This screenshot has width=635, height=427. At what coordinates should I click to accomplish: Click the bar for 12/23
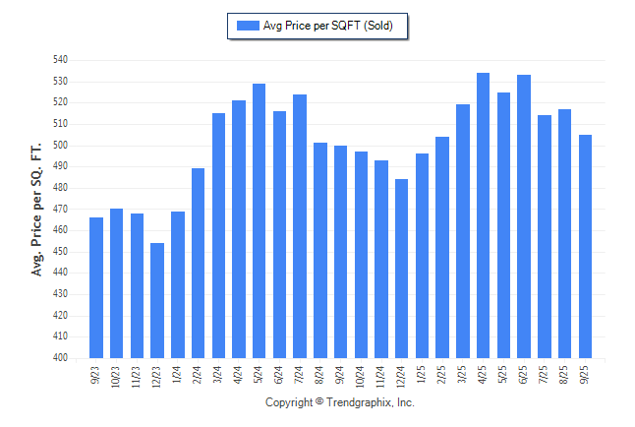[x=157, y=300]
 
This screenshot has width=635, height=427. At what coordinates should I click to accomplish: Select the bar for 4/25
[x=484, y=215]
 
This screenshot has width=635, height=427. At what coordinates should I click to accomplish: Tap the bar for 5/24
[x=260, y=220]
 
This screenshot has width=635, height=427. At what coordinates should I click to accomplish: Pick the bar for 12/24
[x=402, y=269]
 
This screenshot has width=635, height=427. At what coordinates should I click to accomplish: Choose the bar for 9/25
[x=586, y=246]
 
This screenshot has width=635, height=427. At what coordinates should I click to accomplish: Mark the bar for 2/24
[x=199, y=263]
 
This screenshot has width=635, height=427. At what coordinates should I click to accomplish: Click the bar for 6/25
[x=524, y=216]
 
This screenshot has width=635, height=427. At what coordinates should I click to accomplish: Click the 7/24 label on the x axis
[x=300, y=375]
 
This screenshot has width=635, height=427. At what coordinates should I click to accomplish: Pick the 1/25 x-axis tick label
[x=423, y=375]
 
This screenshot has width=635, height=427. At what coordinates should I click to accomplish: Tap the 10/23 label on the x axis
[x=117, y=377]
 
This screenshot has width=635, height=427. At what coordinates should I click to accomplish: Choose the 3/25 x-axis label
[x=463, y=375]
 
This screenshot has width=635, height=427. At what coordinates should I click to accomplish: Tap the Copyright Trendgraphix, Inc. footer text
[x=340, y=402]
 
